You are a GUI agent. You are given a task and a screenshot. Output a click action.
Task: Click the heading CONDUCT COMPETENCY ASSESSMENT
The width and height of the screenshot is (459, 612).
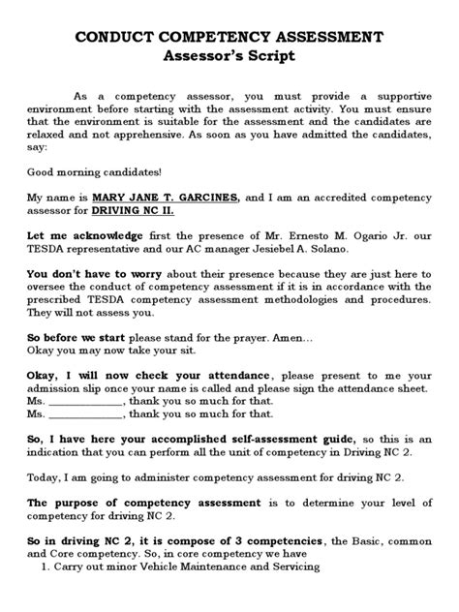pos(229,37)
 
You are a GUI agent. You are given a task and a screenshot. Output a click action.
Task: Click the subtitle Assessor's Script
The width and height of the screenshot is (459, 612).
pos(229,56)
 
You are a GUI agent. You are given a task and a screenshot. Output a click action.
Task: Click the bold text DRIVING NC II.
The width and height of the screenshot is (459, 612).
pos(133,209)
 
